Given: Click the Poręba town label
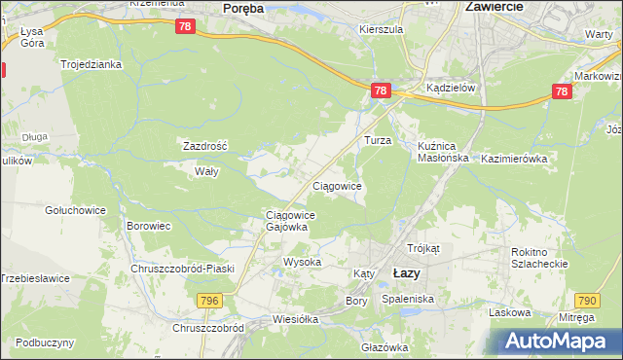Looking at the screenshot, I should (x=243, y=7).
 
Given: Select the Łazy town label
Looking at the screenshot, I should (x=406, y=273).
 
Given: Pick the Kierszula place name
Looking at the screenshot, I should (x=381, y=30).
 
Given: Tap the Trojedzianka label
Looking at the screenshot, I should (x=91, y=64).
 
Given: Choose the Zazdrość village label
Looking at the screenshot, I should (x=205, y=146).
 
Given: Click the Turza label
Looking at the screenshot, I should (x=378, y=140).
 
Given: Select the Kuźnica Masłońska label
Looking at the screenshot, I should (x=443, y=151).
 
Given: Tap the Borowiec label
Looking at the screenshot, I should (x=149, y=226).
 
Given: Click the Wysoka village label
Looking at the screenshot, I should (x=302, y=263).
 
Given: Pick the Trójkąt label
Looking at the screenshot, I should (x=424, y=248).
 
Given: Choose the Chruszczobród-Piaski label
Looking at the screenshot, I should (x=184, y=269).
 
